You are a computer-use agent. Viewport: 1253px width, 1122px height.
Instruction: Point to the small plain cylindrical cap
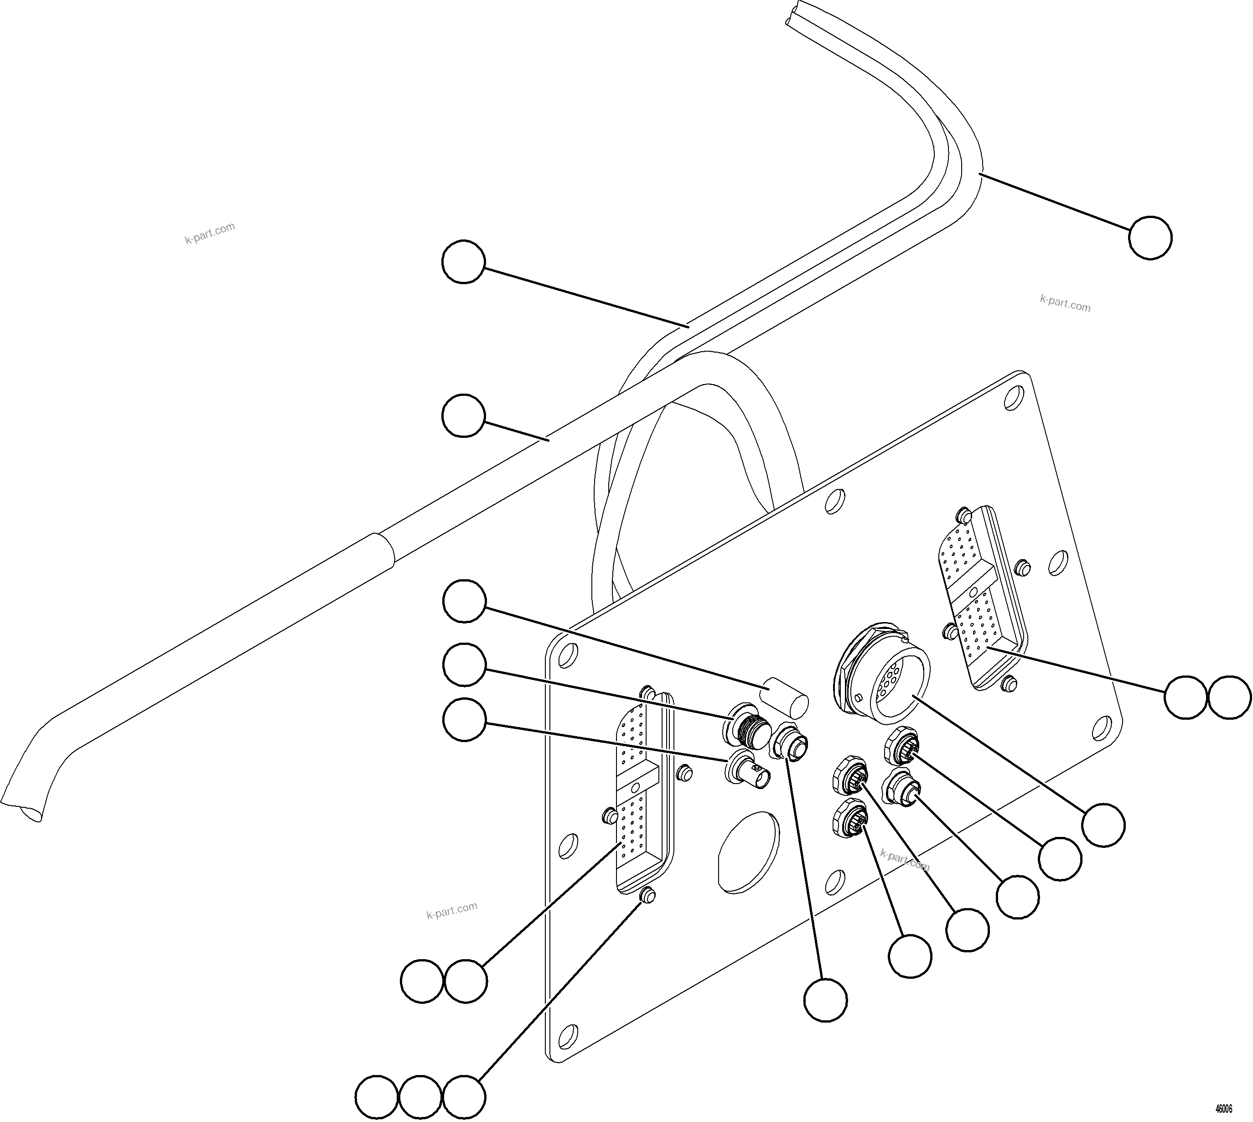coord(787,698)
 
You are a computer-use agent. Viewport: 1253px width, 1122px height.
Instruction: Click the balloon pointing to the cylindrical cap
coord(464,601)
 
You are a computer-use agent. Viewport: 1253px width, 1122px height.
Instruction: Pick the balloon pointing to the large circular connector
coord(1103,825)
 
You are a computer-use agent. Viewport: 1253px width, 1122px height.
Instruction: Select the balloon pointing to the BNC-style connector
coord(464,719)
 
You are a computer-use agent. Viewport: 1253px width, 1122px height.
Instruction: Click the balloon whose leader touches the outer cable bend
coord(1150,237)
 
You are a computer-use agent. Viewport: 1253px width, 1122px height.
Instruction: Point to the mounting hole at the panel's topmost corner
coord(1013,398)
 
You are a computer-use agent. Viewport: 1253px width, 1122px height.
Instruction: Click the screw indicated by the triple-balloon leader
coord(647,896)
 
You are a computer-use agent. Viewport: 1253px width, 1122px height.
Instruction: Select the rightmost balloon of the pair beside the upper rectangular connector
coord(1230,697)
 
